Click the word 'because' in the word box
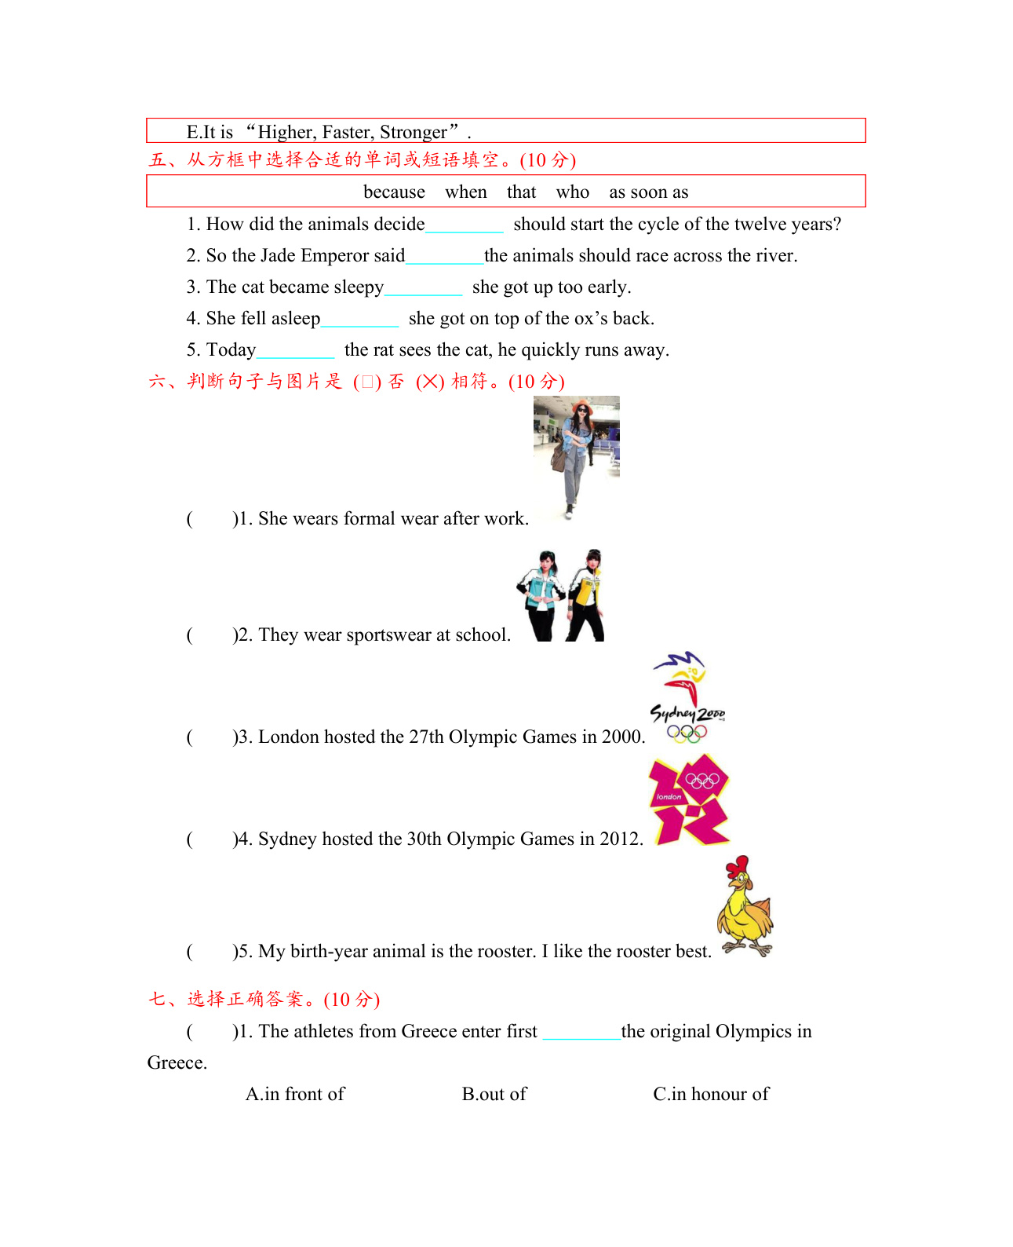click(394, 192)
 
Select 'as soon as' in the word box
click(648, 192)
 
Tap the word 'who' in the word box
click(572, 192)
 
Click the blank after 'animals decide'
click(464, 226)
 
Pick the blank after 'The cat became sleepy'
click(423, 289)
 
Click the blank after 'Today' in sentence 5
click(295, 352)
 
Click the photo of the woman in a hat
click(577, 457)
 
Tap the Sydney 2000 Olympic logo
click(687, 697)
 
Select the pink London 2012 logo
click(690, 800)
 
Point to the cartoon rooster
click(745, 907)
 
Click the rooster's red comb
click(737, 866)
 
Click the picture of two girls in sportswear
click(561, 596)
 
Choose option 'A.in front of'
click(295, 1094)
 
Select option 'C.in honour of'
click(711, 1094)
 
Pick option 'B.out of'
click(494, 1094)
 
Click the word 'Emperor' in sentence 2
click(333, 256)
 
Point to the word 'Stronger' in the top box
click(414, 132)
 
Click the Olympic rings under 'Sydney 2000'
click(687, 733)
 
